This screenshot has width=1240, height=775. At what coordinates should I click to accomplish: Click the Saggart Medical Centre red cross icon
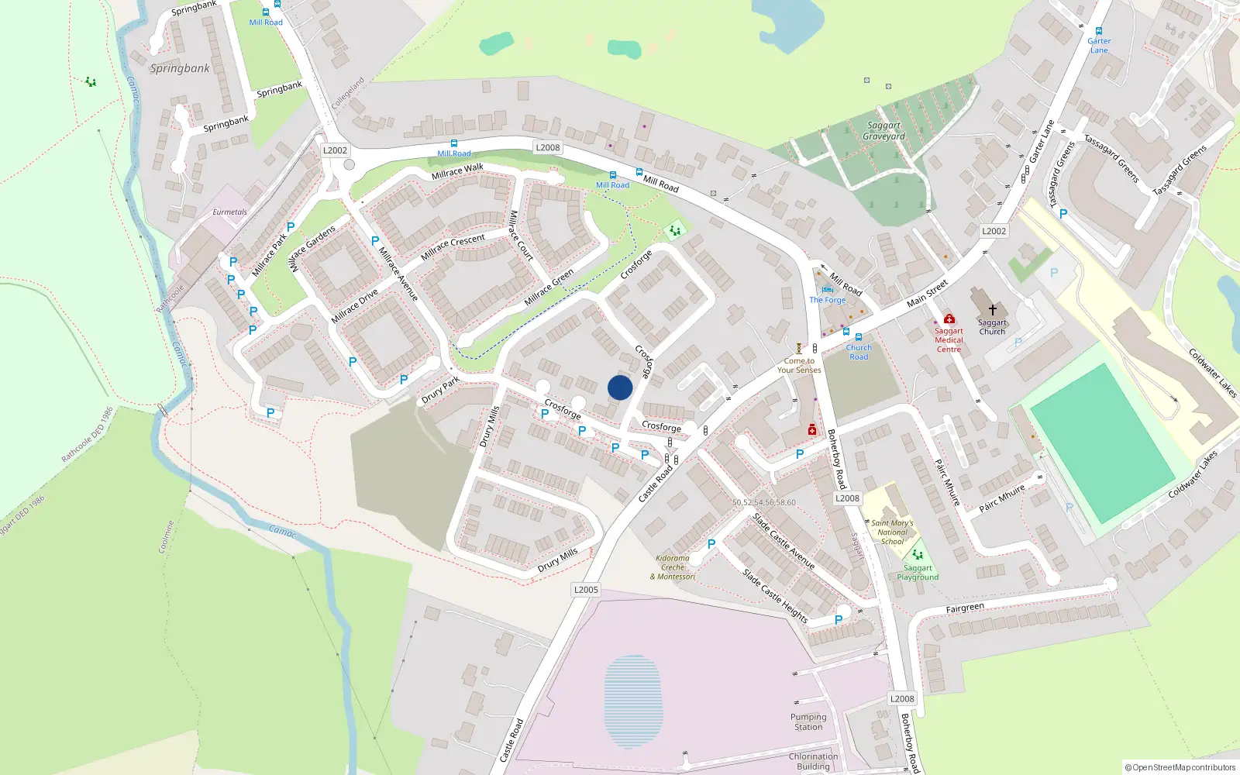point(949,319)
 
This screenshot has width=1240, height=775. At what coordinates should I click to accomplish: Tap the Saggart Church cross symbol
point(992,309)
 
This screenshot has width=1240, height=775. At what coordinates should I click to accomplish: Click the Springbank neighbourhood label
point(180,68)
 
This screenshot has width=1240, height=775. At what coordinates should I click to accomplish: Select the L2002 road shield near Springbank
point(335,150)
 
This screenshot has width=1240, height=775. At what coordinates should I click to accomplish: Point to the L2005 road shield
point(586,590)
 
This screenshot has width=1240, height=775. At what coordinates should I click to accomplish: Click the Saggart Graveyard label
point(883,130)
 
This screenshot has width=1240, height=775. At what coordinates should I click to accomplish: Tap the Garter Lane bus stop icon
point(1098,31)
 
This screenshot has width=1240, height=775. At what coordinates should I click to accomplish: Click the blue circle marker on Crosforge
point(620,387)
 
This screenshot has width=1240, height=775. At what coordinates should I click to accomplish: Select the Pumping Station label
point(808,722)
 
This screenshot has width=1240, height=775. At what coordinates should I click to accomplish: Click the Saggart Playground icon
point(918,555)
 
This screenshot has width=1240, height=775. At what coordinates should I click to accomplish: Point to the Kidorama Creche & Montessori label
point(672,567)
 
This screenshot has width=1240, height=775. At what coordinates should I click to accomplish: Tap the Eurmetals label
point(230,212)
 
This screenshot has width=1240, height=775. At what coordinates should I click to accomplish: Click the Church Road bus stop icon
point(858,337)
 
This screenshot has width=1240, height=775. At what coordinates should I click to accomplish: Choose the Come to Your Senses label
point(799,365)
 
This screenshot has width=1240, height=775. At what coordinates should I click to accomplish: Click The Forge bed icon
point(827,291)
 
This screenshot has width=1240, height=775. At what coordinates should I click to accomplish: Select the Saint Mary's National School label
point(892,532)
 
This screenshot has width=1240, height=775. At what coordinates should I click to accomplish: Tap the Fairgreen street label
point(965,608)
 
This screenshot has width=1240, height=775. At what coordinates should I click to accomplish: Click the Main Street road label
point(927,293)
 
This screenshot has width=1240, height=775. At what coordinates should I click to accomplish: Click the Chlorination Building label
point(813,761)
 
